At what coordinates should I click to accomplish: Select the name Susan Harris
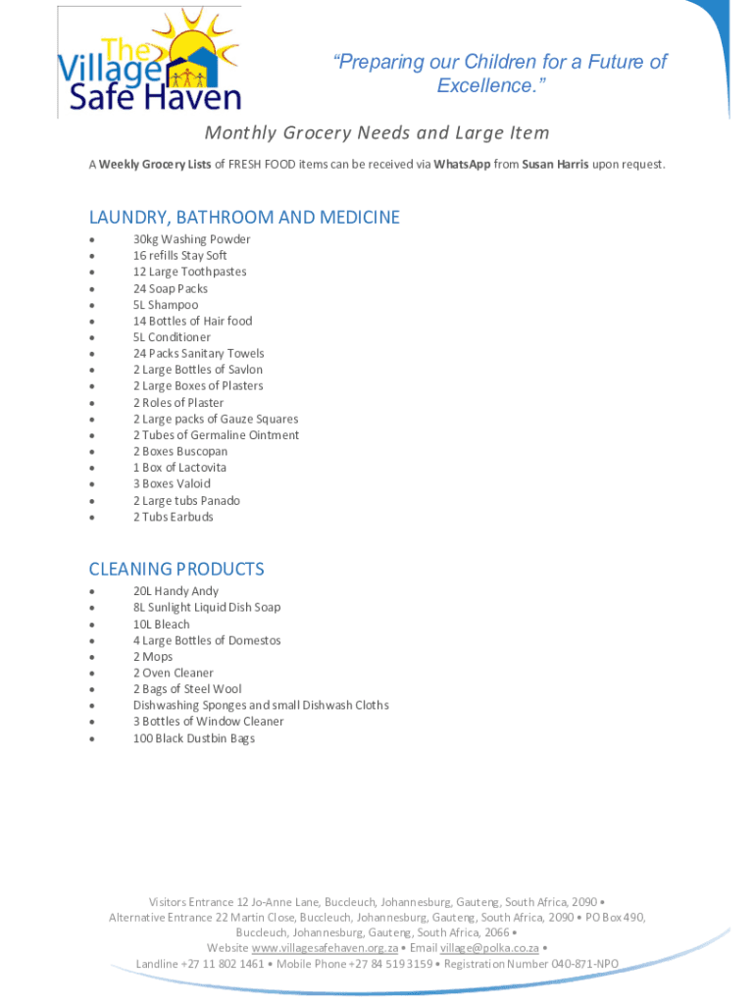coord(555,165)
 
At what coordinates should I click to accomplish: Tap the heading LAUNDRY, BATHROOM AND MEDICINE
coord(244,218)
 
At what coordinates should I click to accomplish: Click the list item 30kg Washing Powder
coord(191,239)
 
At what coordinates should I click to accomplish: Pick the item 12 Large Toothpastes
coord(189,272)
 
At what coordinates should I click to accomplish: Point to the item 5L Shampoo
coord(166,305)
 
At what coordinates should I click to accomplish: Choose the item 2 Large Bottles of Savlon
coord(197,370)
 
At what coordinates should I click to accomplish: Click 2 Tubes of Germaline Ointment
coord(216,435)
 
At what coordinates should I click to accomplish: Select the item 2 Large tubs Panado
coord(186,500)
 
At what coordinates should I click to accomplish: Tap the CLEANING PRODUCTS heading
coord(176,570)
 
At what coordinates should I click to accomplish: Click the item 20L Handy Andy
coord(176,591)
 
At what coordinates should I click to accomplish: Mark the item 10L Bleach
coord(162,624)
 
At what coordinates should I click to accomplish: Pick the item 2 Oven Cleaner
coord(173,673)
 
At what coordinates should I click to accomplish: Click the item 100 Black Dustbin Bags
coord(193,738)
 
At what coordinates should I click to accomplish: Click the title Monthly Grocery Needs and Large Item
coord(377,132)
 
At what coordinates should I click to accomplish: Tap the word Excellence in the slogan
coord(485,86)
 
